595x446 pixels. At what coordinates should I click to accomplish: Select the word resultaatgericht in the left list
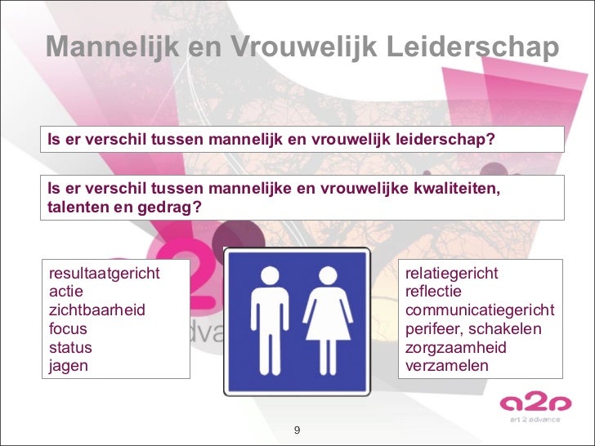click(105, 273)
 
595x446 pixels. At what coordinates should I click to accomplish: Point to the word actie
click(66, 292)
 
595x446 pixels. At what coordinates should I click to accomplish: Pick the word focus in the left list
click(69, 329)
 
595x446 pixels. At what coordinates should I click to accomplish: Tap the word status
click(71, 348)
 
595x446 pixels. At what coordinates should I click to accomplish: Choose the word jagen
click(69, 366)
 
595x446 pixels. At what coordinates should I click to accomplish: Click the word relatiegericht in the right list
click(452, 273)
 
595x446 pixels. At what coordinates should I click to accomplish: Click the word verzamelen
click(447, 366)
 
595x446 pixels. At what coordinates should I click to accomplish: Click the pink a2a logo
click(530, 404)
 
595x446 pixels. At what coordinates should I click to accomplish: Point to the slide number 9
click(297, 430)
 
